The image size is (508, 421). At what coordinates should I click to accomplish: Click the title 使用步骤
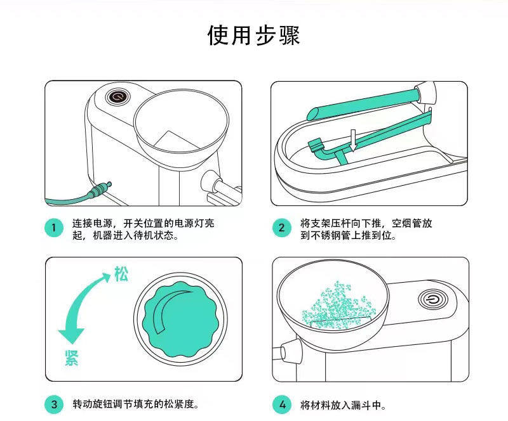pos(253,35)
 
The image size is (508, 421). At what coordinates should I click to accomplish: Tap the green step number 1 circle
pos(54,228)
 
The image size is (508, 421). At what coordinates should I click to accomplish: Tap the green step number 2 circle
pos(281,228)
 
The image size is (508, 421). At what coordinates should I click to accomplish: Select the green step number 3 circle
pos(54,404)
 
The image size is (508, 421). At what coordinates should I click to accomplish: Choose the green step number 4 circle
pos(282,405)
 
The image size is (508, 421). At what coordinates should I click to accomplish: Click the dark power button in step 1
pos(118,96)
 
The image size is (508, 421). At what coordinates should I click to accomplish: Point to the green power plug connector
pos(100,190)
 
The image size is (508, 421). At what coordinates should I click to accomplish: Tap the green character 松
pos(121,275)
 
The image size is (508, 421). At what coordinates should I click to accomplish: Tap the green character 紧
pos(72,358)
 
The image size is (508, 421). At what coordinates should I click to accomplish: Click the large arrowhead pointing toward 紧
pos(71,335)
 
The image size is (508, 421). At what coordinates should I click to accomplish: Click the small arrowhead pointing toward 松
pos(106,276)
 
